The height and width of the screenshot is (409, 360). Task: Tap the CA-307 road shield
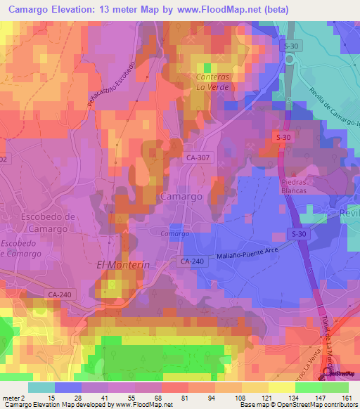coord(198,159)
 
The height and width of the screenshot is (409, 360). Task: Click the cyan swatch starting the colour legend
coord(41,388)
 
